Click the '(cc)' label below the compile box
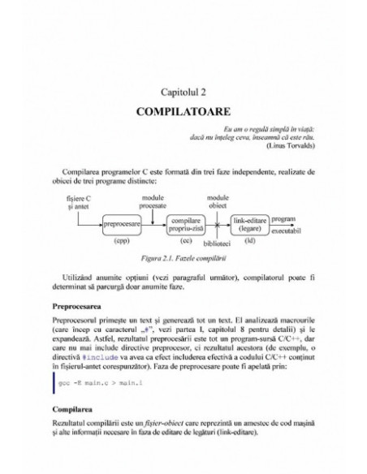click(x=186, y=241)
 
